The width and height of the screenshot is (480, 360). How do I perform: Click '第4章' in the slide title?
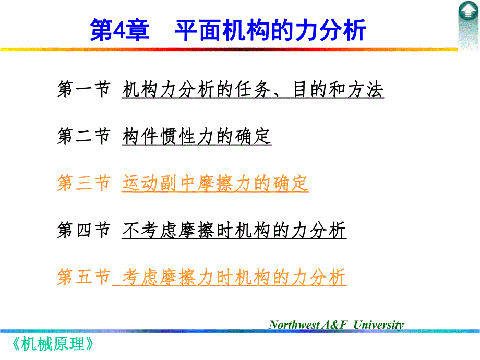pyautogui.click(x=119, y=30)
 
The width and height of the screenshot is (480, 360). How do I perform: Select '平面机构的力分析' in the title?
pyautogui.click(x=270, y=30)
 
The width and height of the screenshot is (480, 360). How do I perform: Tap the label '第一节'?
pyautogui.click(x=83, y=90)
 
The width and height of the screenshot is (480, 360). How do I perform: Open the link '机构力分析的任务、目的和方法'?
pyautogui.click(x=253, y=90)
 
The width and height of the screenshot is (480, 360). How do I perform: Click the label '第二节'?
pyautogui.click(x=83, y=136)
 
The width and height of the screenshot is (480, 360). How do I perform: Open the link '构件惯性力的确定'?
pyautogui.click(x=196, y=136)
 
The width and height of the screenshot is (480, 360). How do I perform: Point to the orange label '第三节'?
pyautogui.click(x=83, y=183)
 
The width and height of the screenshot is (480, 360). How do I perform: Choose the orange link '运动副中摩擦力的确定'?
pyautogui.click(x=215, y=183)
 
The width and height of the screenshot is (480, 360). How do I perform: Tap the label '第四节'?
pyautogui.click(x=83, y=230)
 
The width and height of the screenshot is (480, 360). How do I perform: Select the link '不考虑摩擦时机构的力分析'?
pyautogui.click(x=234, y=230)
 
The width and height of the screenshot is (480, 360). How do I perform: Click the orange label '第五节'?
pyautogui.click(x=83, y=277)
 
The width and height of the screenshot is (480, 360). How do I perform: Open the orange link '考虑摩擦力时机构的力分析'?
pyautogui.click(x=234, y=277)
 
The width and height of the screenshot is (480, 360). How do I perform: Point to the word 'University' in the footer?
pyautogui.click(x=378, y=325)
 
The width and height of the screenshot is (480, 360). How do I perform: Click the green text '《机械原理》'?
pyautogui.click(x=54, y=344)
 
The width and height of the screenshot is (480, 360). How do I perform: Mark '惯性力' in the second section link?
pyautogui.click(x=187, y=136)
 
